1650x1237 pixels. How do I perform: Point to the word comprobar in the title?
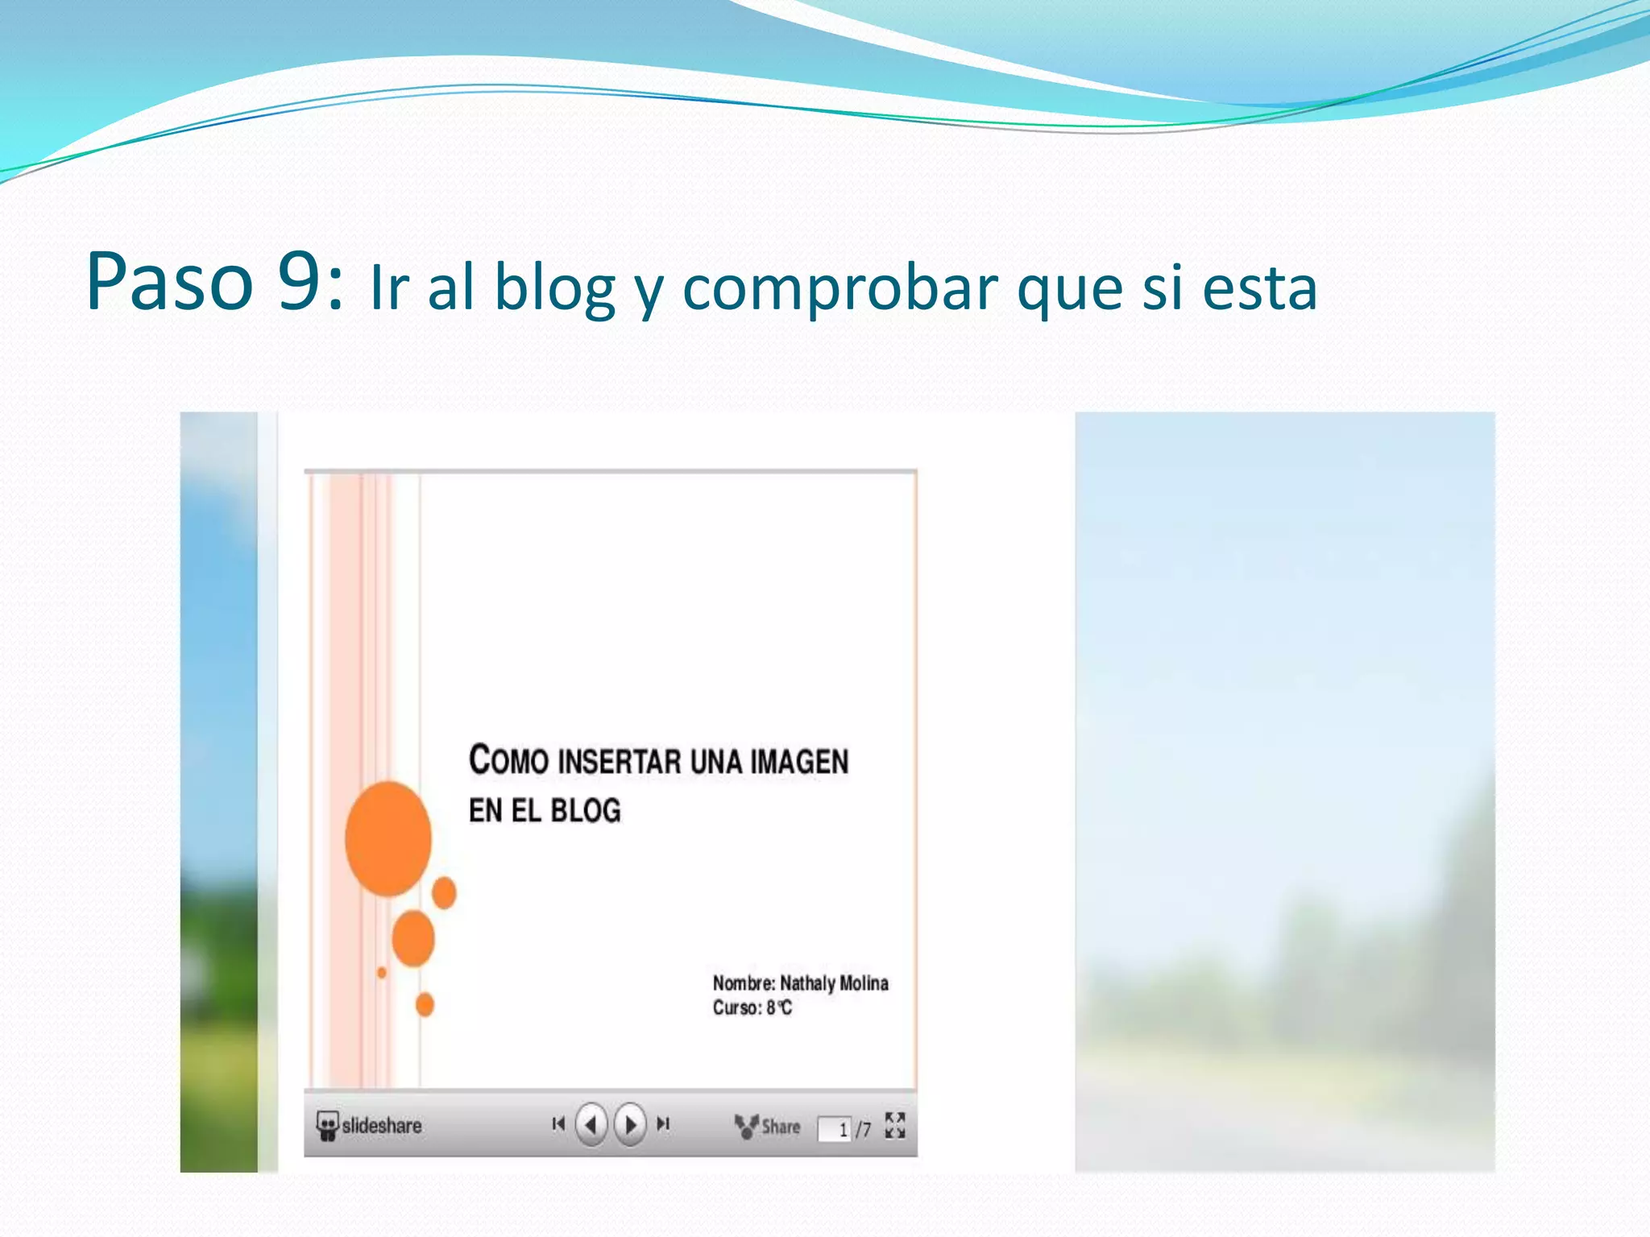pyautogui.click(x=840, y=288)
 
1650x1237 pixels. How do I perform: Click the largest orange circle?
pyautogui.click(x=388, y=838)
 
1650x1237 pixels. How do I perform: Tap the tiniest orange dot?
pyautogui.click(x=382, y=973)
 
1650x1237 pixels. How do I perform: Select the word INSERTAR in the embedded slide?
pyautogui.click(x=618, y=762)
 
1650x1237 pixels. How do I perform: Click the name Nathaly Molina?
pyautogui.click(x=834, y=983)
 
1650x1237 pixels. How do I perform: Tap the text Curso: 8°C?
pyautogui.click(x=752, y=1007)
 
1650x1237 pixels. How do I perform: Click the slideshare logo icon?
pyautogui.click(x=326, y=1126)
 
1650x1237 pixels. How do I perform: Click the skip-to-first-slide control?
pyautogui.click(x=558, y=1124)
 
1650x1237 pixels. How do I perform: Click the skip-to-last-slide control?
pyautogui.click(x=663, y=1124)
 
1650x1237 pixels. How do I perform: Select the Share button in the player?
pyautogui.click(x=768, y=1127)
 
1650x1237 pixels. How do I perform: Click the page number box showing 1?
pyautogui.click(x=835, y=1129)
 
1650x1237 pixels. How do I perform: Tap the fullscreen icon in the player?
pyautogui.click(x=894, y=1126)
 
